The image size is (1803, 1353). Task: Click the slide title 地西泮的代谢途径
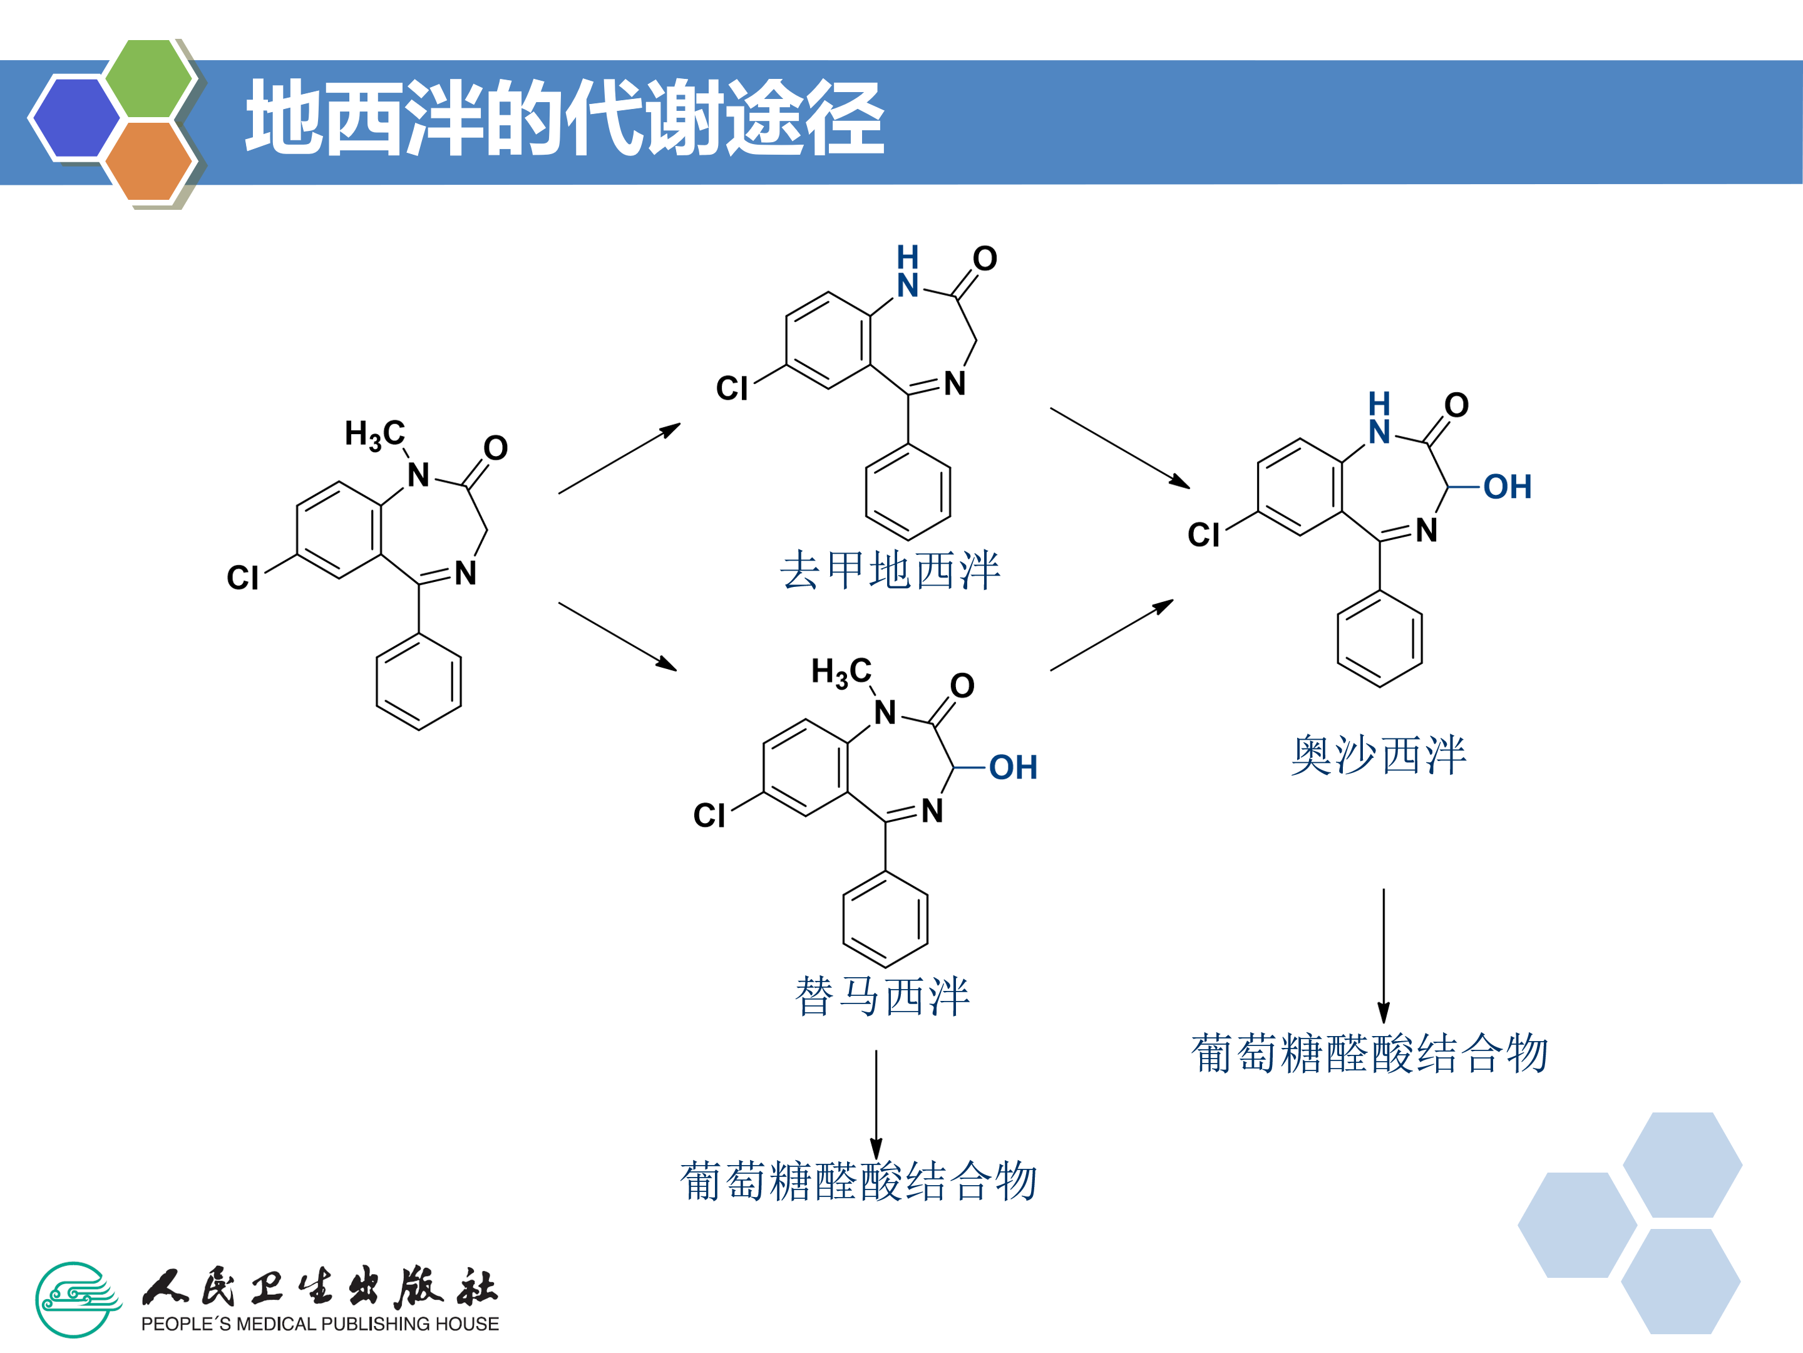(564, 119)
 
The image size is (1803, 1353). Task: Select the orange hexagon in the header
(148, 160)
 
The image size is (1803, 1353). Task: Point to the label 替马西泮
(882, 997)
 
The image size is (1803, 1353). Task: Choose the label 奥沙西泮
(1379, 755)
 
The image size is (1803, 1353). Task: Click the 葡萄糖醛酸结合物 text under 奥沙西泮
(1369, 1054)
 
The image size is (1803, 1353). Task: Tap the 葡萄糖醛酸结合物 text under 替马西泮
(858, 1182)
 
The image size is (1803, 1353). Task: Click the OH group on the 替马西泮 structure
(1013, 767)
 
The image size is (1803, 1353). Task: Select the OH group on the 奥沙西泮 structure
(1507, 487)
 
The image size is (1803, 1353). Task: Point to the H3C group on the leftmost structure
(374, 434)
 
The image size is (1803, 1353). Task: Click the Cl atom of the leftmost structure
(242, 578)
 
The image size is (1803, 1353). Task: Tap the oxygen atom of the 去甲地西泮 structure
(985, 259)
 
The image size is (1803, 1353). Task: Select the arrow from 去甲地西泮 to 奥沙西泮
(1119, 447)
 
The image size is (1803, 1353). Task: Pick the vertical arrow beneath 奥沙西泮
(1383, 954)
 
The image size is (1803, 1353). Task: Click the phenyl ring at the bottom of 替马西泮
(885, 919)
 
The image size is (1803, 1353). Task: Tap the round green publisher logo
(76, 1299)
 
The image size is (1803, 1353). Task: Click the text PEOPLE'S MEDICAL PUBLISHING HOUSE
(319, 1324)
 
